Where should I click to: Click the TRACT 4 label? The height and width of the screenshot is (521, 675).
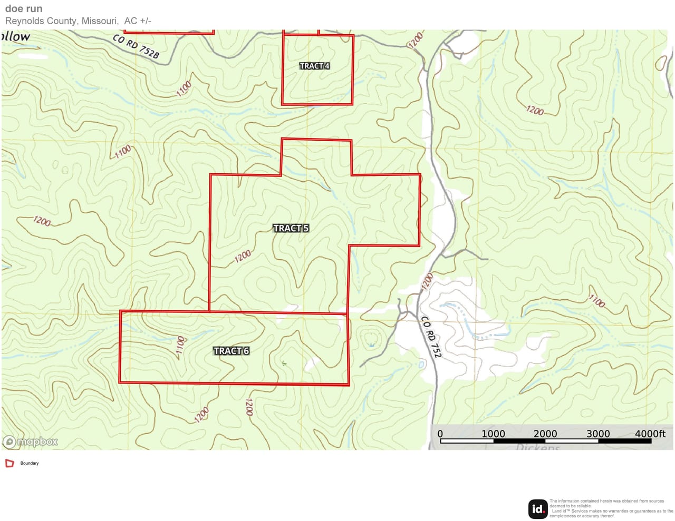click(314, 66)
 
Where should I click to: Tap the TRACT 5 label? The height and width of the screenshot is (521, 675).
click(291, 228)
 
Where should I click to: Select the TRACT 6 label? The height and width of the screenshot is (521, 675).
click(231, 351)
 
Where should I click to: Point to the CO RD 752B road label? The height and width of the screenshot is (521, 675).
click(136, 46)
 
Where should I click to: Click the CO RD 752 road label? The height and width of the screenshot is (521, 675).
click(431, 337)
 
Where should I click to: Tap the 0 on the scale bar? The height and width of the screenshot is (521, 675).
click(440, 434)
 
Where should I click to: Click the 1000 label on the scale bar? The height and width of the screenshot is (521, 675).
click(493, 434)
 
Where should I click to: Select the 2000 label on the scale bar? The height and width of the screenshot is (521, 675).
click(545, 434)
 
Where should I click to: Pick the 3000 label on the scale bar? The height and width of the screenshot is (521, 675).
click(598, 434)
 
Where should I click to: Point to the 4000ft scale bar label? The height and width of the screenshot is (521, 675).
click(650, 434)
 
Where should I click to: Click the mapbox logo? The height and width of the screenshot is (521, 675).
click(31, 441)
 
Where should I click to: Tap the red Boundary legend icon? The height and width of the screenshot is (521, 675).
click(9, 464)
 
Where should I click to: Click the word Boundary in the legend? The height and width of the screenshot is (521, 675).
click(30, 464)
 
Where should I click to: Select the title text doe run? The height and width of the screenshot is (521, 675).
click(24, 8)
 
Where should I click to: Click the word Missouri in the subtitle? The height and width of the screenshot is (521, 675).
click(99, 21)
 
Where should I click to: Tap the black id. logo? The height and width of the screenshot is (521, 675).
click(537, 509)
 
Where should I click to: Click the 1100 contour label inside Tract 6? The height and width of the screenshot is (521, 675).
click(180, 347)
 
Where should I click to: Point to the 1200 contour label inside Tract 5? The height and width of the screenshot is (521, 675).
click(243, 257)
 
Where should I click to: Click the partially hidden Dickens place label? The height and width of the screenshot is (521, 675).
click(537, 447)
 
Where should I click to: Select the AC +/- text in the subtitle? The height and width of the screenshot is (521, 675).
click(138, 21)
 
